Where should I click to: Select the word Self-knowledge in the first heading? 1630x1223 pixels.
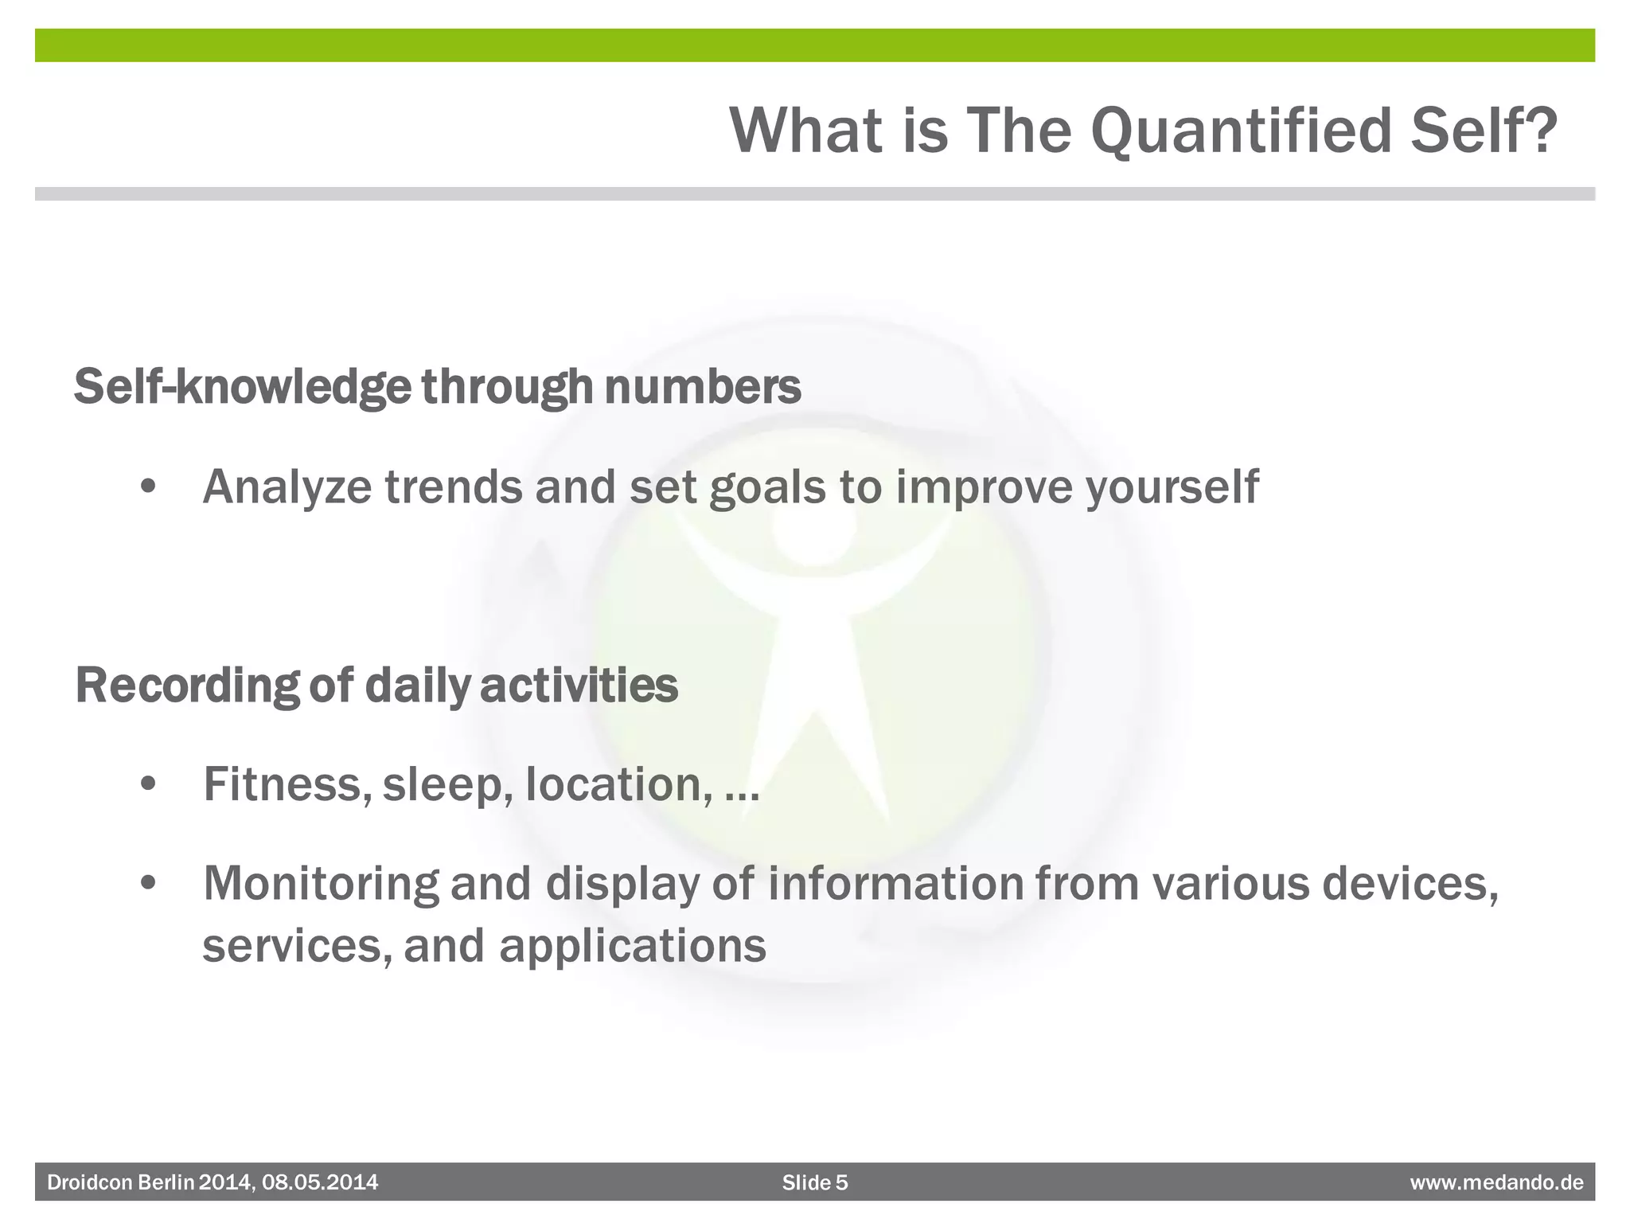(x=243, y=388)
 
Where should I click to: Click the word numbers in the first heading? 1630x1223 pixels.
(x=703, y=386)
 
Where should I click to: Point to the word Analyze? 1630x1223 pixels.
(x=287, y=487)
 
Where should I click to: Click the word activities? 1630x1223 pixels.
(x=579, y=686)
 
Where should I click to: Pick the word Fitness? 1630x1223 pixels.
(x=283, y=784)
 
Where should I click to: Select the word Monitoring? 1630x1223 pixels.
(x=321, y=885)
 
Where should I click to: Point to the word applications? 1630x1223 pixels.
(x=633, y=947)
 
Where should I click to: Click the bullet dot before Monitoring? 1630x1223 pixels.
(x=148, y=885)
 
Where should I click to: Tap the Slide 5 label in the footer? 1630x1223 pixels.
(x=815, y=1182)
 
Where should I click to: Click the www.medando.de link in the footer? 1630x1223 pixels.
(x=1496, y=1182)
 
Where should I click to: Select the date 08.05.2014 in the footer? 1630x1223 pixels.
(x=320, y=1182)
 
